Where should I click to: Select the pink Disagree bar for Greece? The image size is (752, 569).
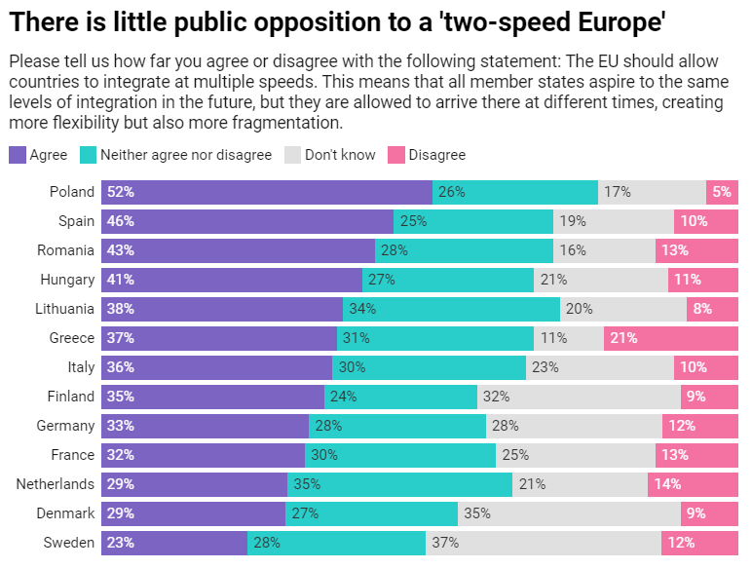[670, 338]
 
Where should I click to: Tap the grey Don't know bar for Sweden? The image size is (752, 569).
[544, 543]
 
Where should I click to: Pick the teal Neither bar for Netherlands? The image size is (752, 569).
[399, 484]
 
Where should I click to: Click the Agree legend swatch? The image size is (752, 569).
[18, 155]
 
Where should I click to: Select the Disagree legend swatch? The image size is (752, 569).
[396, 155]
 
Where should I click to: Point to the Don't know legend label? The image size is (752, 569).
[340, 155]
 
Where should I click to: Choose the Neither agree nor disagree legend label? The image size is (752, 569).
[186, 155]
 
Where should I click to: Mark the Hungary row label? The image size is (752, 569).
[67, 280]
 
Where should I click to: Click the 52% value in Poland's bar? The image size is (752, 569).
[121, 192]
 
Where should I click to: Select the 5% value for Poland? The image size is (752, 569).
[722, 192]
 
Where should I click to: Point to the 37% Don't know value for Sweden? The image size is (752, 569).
[445, 543]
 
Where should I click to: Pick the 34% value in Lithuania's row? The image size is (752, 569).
[362, 309]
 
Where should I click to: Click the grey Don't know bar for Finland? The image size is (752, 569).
[579, 397]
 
